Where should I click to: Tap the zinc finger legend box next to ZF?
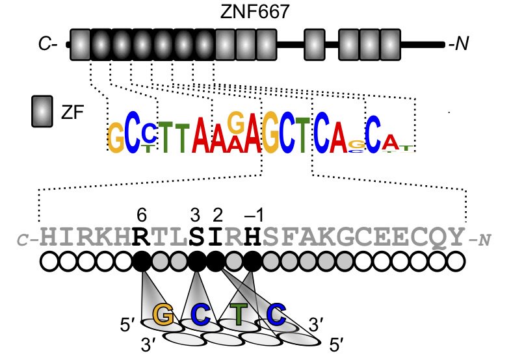point(42,112)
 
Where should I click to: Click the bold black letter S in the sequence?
point(196,238)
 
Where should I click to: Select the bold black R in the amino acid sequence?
point(140,238)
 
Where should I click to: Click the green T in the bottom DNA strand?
point(240,316)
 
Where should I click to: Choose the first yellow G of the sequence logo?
point(116,138)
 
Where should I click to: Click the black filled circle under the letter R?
point(140,262)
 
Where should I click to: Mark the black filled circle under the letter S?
point(196,262)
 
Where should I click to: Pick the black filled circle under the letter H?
point(253,262)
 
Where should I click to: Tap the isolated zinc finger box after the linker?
point(314,45)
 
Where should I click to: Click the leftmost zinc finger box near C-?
point(80,45)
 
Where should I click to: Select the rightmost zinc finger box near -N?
point(389,45)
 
